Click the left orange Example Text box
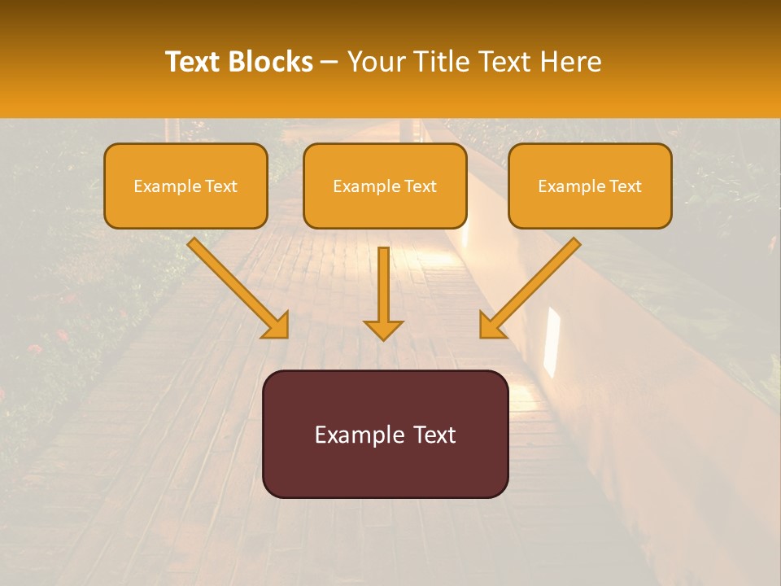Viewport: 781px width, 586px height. (x=185, y=186)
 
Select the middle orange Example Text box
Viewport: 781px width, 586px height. (x=385, y=186)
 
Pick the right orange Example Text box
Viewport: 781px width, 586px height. (x=590, y=186)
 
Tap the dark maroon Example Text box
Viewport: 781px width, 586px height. (x=385, y=434)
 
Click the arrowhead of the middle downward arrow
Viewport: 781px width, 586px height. (x=384, y=330)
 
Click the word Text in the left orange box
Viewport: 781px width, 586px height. (x=221, y=186)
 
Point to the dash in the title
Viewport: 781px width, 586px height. (x=330, y=62)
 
